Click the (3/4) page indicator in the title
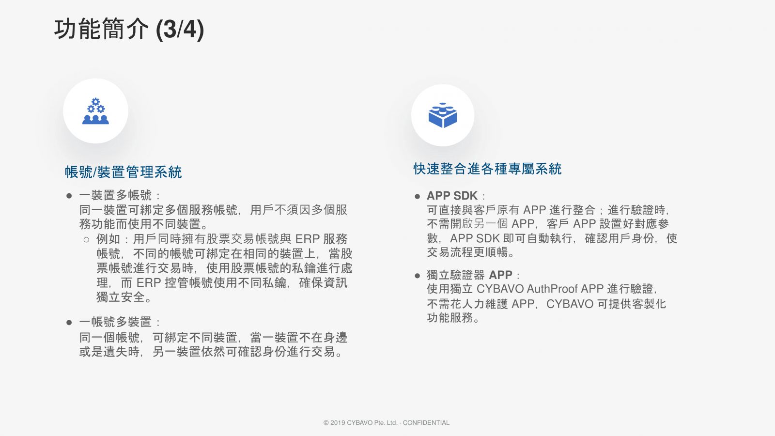coord(180,30)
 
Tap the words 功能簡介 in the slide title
coord(101,30)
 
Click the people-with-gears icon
coord(95,111)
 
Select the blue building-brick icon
coord(443,115)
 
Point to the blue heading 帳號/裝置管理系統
coord(123,172)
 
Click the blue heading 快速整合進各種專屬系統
coord(487,169)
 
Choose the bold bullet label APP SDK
coord(452,196)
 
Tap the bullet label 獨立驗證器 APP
coord(469,275)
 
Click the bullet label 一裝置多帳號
coord(115,195)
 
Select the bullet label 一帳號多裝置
coord(115,322)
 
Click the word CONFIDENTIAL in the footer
coord(426,422)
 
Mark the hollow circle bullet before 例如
coord(87,239)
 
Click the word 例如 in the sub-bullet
coord(108,239)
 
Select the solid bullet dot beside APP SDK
coord(417,197)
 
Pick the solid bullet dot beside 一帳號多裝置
coord(69,323)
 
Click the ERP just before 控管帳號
coord(149,283)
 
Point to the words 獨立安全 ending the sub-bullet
coord(121,297)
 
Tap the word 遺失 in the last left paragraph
coord(116,352)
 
